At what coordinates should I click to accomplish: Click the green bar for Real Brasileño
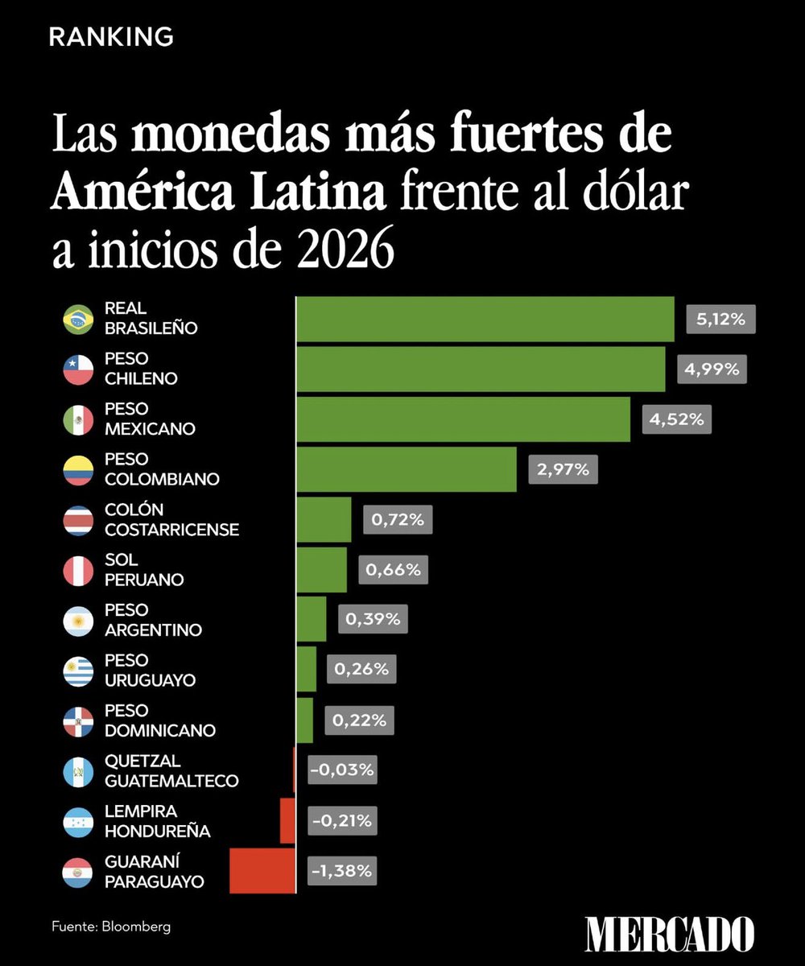(x=485, y=319)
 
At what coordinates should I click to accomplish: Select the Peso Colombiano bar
(x=407, y=469)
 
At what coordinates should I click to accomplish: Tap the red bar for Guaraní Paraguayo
(x=262, y=870)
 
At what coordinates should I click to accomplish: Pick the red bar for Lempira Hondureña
(x=287, y=820)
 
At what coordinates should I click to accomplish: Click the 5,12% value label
(x=720, y=319)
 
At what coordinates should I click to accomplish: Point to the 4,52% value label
(x=676, y=419)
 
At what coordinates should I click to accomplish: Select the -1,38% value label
(x=343, y=870)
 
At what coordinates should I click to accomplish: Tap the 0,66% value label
(x=393, y=570)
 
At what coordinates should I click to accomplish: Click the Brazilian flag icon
(x=78, y=320)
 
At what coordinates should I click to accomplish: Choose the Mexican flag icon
(x=78, y=420)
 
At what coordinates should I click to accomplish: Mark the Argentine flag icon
(x=78, y=621)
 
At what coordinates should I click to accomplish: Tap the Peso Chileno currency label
(x=141, y=369)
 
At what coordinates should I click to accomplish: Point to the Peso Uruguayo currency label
(x=150, y=671)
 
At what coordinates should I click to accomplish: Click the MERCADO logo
(x=669, y=934)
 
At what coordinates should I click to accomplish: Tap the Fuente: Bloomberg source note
(x=111, y=927)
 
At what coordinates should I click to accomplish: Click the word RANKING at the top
(x=111, y=36)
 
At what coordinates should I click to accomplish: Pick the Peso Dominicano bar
(x=304, y=720)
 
